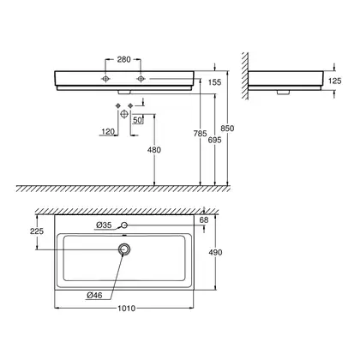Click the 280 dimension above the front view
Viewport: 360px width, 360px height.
pyautogui.click(x=123, y=59)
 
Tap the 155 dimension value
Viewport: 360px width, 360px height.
pyautogui.click(x=214, y=82)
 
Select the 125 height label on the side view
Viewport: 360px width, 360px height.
pyautogui.click(x=334, y=81)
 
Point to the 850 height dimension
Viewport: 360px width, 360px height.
pyautogui.click(x=227, y=129)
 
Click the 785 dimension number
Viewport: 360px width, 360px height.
pyautogui.click(x=200, y=134)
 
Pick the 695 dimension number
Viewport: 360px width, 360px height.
pyautogui.click(x=214, y=140)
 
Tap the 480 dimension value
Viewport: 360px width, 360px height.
pyautogui.click(x=154, y=150)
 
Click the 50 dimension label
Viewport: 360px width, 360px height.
pyautogui.click(x=137, y=120)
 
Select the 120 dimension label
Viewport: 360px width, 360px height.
pyautogui.click(x=108, y=132)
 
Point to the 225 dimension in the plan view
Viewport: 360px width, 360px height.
pyautogui.click(x=37, y=231)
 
